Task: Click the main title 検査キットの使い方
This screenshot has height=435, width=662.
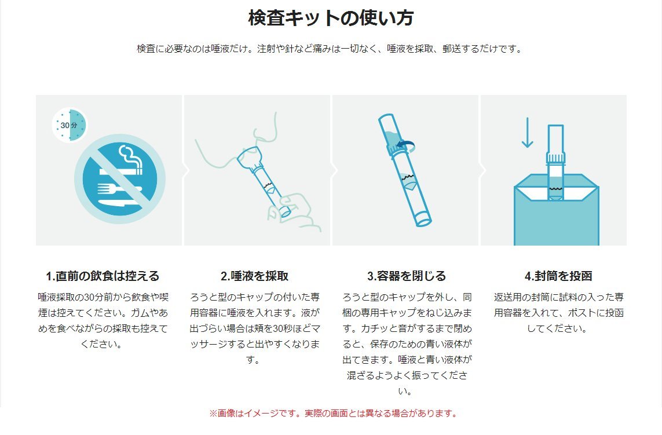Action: (x=331, y=18)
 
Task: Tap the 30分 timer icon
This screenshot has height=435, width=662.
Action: (x=70, y=125)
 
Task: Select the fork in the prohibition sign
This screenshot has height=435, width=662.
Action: (x=119, y=188)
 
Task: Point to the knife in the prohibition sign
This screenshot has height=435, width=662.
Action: (x=119, y=203)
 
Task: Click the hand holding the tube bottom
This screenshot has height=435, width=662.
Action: (x=295, y=213)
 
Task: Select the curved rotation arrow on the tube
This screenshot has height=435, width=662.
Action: (x=407, y=146)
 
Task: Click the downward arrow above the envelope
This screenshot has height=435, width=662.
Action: (x=527, y=133)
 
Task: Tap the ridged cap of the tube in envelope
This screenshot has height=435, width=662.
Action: (x=555, y=158)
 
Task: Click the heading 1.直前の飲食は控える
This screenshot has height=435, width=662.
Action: (x=103, y=276)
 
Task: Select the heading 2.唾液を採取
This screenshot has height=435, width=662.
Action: (x=255, y=276)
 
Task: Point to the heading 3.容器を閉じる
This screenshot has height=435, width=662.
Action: (x=406, y=276)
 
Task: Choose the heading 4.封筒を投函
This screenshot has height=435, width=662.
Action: (x=558, y=276)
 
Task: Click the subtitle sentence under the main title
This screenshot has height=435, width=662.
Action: (x=330, y=49)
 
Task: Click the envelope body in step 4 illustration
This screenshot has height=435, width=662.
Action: (x=557, y=220)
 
